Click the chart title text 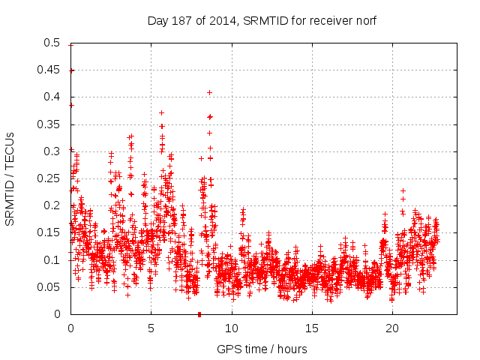point(262,20)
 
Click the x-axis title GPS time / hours point(262,349)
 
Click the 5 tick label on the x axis point(151,328)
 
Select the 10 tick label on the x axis point(232,328)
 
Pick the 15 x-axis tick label point(312,328)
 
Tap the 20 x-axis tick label point(392,328)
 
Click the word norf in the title point(365,20)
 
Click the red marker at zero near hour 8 point(199,314)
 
